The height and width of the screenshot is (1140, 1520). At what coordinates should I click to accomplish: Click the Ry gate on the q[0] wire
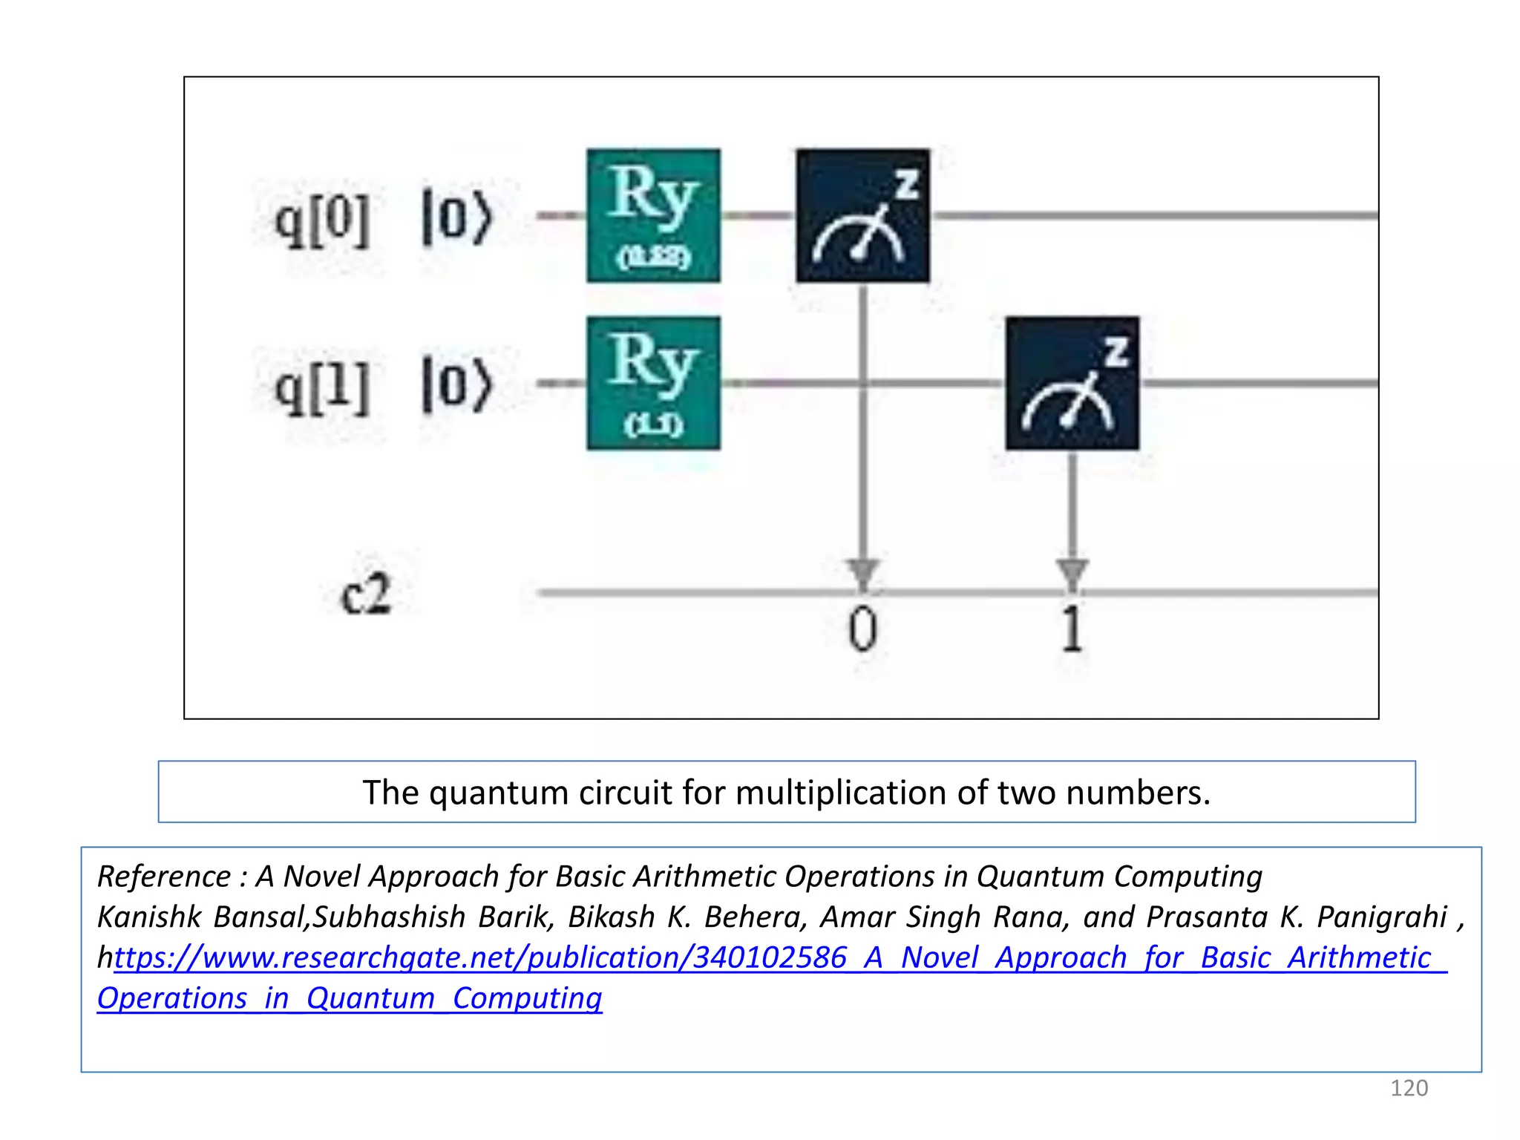[x=653, y=215]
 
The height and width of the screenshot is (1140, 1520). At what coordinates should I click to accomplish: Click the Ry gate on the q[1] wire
[x=653, y=383]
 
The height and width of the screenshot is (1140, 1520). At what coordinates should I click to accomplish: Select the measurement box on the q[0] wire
[x=862, y=215]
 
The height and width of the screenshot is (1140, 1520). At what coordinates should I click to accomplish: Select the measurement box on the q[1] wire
[x=1072, y=383]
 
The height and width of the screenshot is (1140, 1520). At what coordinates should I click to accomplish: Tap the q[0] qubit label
[x=322, y=221]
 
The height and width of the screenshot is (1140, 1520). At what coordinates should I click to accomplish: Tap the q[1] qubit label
[x=322, y=387]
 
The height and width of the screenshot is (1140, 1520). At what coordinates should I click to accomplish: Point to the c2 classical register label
[x=365, y=594]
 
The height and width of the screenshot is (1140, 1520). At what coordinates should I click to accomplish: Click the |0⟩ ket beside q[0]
[x=456, y=217]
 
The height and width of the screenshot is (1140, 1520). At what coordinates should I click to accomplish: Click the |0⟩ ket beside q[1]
[x=456, y=384]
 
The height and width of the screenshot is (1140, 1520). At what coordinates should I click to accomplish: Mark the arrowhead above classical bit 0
[x=862, y=573]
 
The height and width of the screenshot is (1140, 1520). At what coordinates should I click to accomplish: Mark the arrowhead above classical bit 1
[x=1072, y=573]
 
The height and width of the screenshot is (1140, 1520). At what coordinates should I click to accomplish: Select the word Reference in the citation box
[x=164, y=877]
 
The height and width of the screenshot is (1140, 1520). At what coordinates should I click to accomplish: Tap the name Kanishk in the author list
[x=149, y=917]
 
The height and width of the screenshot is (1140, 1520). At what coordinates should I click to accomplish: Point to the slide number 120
[x=1408, y=1088]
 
